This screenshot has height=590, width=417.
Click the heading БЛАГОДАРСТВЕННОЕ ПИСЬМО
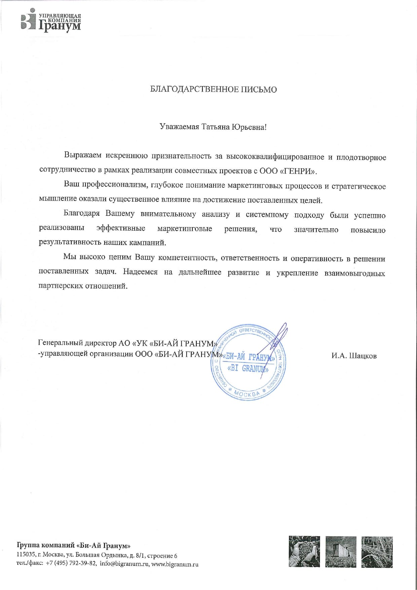click(x=213, y=90)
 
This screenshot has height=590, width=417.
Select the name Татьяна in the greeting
click(x=215, y=127)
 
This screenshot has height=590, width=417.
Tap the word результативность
click(x=70, y=242)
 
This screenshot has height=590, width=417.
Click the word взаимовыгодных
click(x=354, y=273)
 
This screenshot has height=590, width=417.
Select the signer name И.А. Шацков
click(x=354, y=356)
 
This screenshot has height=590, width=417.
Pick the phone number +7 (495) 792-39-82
click(x=71, y=564)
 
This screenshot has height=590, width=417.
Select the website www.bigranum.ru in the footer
click(x=175, y=564)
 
